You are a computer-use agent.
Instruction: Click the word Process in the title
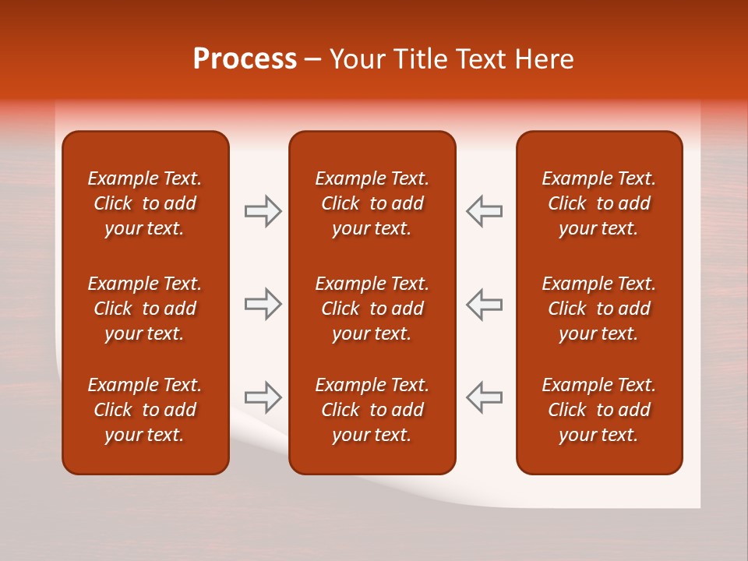pos(245,59)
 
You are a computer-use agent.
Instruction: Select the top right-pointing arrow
pos(263,211)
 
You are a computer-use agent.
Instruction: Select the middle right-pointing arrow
pos(263,304)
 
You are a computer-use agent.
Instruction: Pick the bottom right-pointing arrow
pos(263,397)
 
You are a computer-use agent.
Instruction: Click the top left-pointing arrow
pos(484,211)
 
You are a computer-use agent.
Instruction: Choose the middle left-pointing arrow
pos(484,304)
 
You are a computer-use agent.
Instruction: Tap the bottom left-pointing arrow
pos(484,397)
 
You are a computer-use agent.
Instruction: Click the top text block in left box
pos(145,203)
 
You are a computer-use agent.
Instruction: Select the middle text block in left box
pos(145,309)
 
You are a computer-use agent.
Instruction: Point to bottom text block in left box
pos(145,410)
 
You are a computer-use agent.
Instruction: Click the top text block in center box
pos(372,203)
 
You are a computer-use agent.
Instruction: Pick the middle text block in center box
pos(372,309)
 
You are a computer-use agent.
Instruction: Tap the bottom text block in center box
pos(372,410)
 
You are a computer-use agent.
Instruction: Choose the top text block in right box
pos(598,203)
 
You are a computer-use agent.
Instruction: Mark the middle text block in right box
pos(598,309)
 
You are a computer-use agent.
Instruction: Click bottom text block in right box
pos(598,410)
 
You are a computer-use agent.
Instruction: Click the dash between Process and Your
pos(313,60)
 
